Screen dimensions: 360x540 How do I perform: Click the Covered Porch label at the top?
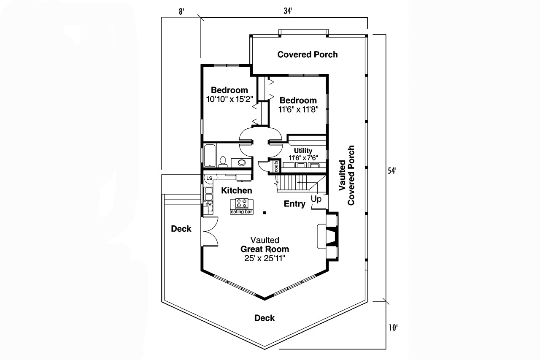click(307, 54)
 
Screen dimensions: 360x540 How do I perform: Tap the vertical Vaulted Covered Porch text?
click(346, 175)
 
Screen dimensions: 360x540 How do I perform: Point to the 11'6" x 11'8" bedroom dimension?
click(298, 109)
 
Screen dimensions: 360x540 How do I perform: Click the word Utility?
click(303, 151)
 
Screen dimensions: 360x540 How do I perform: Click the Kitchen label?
click(237, 191)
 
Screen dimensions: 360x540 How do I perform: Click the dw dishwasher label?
click(208, 204)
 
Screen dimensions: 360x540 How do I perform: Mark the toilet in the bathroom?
click(224, 161)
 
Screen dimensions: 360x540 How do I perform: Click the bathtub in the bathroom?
click(210, 156)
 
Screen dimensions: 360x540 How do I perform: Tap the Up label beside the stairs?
click(316, 198)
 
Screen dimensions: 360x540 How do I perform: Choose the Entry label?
click(294, 204)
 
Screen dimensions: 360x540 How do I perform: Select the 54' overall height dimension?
click(392, 171)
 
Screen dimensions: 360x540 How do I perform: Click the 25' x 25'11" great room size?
click(265, 258)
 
